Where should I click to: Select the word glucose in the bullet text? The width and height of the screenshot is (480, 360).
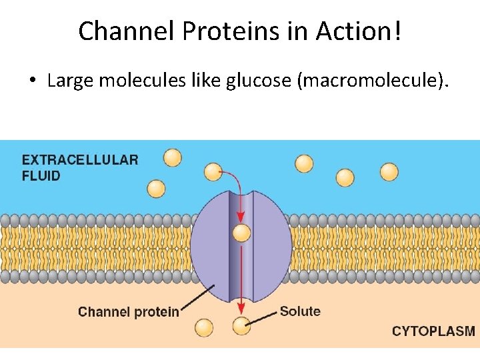257,81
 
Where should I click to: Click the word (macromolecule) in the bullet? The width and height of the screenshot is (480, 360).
372,81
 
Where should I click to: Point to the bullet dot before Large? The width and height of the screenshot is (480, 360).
31,82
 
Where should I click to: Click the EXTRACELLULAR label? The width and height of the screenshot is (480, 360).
80,160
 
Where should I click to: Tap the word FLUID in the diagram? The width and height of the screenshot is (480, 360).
41,176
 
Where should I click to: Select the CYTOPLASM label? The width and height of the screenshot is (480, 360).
433,331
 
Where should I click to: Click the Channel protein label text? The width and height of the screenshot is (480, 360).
129,311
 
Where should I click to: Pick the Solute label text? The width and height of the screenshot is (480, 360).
300,311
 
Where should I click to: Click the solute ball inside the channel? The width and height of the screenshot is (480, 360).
241,233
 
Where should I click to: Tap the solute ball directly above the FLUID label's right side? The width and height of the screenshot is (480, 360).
172,157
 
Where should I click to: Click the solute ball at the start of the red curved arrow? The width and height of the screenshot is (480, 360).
213,171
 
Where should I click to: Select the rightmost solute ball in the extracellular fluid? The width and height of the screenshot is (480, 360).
389,172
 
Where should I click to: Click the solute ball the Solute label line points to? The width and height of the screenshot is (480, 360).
241,325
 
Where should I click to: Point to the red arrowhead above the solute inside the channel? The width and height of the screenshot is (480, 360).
241,217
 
